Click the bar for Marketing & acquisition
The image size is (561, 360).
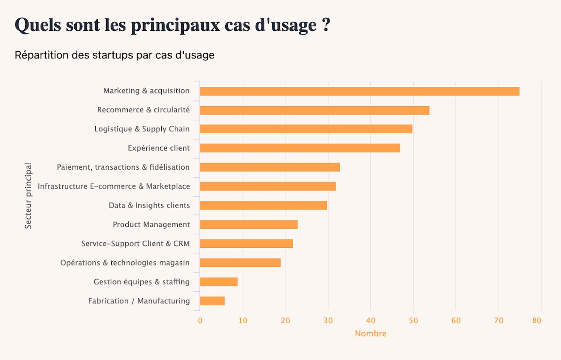[360, 91]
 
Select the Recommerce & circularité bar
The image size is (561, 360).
[315, 110]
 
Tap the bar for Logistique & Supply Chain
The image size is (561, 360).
[306, 129]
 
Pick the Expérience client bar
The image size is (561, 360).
[300, 148]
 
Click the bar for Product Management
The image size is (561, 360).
[249, 225]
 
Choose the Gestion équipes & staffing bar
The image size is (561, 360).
[219, 282]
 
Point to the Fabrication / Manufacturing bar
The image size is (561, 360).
[212, 301]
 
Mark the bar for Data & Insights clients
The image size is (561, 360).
[263, 206]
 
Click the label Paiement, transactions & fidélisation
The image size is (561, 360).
[123, 167]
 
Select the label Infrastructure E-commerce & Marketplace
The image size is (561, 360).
[114, 187]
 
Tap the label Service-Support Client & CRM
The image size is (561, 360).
[135, 244]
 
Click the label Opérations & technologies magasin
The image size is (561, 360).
[125, 263]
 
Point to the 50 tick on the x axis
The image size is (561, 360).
[413, 321]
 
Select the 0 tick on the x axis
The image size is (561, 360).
[200, 321]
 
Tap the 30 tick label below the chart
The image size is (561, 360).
[328, 321]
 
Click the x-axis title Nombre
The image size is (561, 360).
[371, 334]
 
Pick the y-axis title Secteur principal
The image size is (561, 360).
[29, 196]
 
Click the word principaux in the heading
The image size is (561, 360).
[174, 25]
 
